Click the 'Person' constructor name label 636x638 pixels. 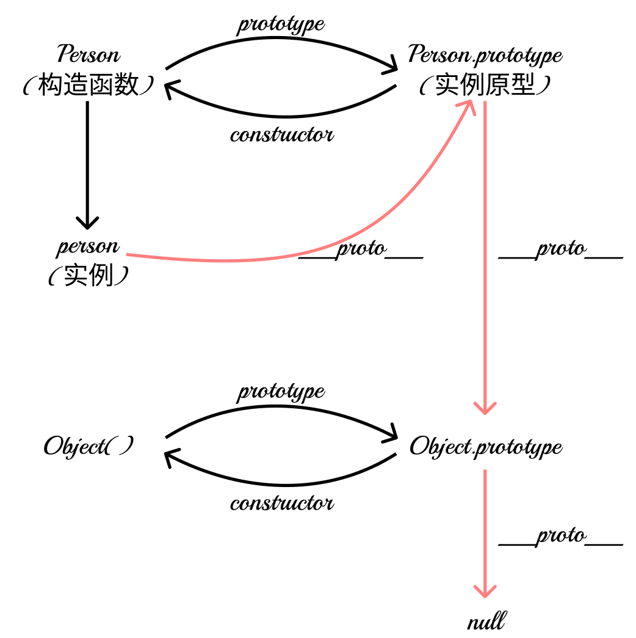89,55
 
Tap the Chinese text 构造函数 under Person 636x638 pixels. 89,86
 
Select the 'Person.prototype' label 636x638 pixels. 485,55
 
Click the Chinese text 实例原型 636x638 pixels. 485,86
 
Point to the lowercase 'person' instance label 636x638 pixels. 89,248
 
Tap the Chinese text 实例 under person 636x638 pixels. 89,277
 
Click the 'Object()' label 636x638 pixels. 89,447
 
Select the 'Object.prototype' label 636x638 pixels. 485,447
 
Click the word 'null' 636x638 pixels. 486,622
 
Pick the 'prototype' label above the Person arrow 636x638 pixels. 281,24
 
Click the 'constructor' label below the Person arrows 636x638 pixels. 282,134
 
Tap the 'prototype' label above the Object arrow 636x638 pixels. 281,391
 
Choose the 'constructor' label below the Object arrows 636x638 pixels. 282,504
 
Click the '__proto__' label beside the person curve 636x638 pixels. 361,249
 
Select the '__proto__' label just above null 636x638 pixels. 561,537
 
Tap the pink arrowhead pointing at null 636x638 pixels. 485,592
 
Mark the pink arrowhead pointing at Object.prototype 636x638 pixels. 485,408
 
